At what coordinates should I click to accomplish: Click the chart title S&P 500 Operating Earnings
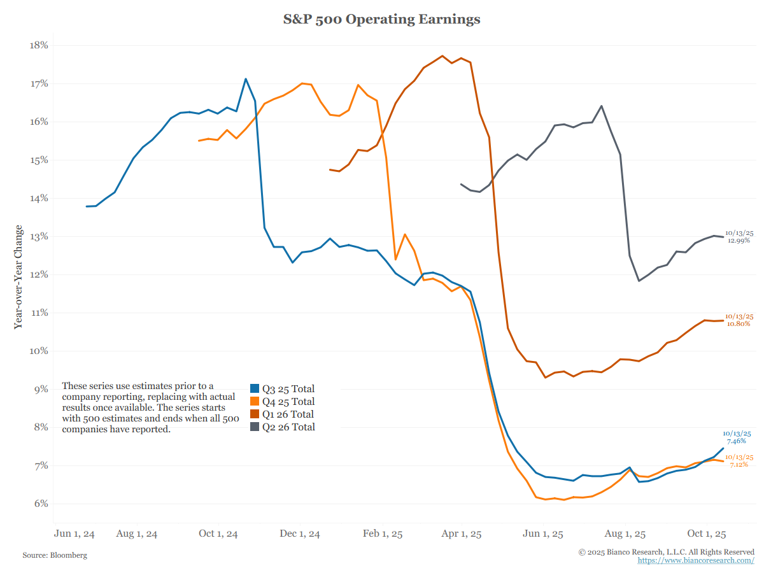coord(381,20)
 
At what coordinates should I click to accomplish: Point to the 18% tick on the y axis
coord(39,46)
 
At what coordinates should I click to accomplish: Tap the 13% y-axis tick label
coord(39,237)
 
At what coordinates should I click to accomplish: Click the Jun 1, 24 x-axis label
coord(75,534)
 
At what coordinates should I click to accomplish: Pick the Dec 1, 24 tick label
coord(301,534)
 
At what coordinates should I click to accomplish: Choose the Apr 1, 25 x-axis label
coord(462,534)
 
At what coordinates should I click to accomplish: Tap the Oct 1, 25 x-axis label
coord(707,534)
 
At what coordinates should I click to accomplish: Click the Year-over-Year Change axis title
coord(18,276)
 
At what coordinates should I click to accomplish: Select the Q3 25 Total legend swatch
coord(255,389)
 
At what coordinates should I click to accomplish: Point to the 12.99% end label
coord(739,241)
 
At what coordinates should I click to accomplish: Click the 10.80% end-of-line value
coord(739,324)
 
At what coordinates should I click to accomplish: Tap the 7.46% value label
coord(736,441)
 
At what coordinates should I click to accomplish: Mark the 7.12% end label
coord(739,465)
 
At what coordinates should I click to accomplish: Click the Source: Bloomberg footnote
coord(55,555)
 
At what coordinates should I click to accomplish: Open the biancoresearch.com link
coord(696,560)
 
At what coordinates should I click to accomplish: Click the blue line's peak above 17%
coord(246,79)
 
